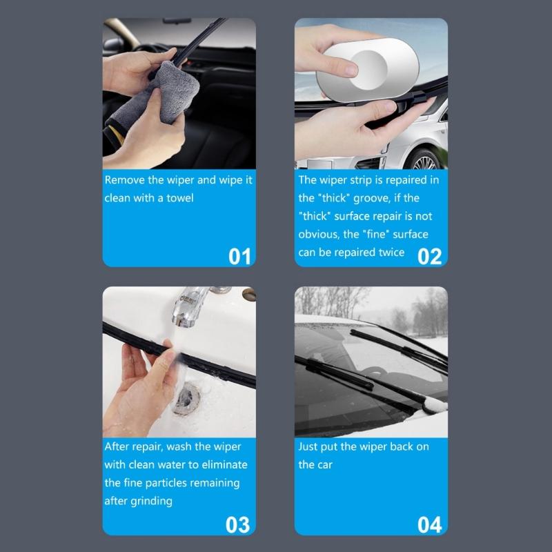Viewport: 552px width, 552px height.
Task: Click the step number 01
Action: click(x=239, y=256)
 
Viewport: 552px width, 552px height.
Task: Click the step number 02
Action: click(x=429, y=256)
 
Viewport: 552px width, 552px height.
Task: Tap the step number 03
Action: click(x=237, y=524)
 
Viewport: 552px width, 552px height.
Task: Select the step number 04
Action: click(x=429, y=524)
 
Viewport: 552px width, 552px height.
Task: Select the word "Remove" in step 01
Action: click(x=125, y=180)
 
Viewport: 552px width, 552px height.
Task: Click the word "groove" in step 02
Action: click(x=373, y=198)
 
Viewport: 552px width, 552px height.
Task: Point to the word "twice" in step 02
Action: click(x=391, y=252)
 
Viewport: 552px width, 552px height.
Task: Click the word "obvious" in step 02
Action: click(x=317, y=234)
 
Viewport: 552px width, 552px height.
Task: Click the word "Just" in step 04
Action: click(x=308, y=446)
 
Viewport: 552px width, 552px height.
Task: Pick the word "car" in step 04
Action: click(x=326, y=464)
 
